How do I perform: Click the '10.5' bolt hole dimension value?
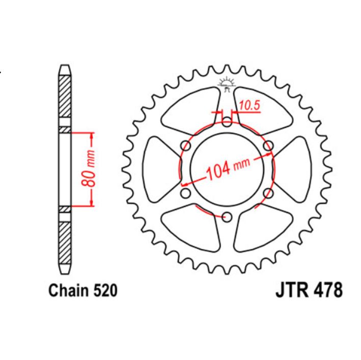(249, 106)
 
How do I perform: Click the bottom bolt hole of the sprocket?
(227, 217)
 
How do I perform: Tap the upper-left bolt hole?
(186, 146)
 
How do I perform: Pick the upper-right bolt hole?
(268, 146)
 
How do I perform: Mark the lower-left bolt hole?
(186, 193)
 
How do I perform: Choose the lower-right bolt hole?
(268, 193)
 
